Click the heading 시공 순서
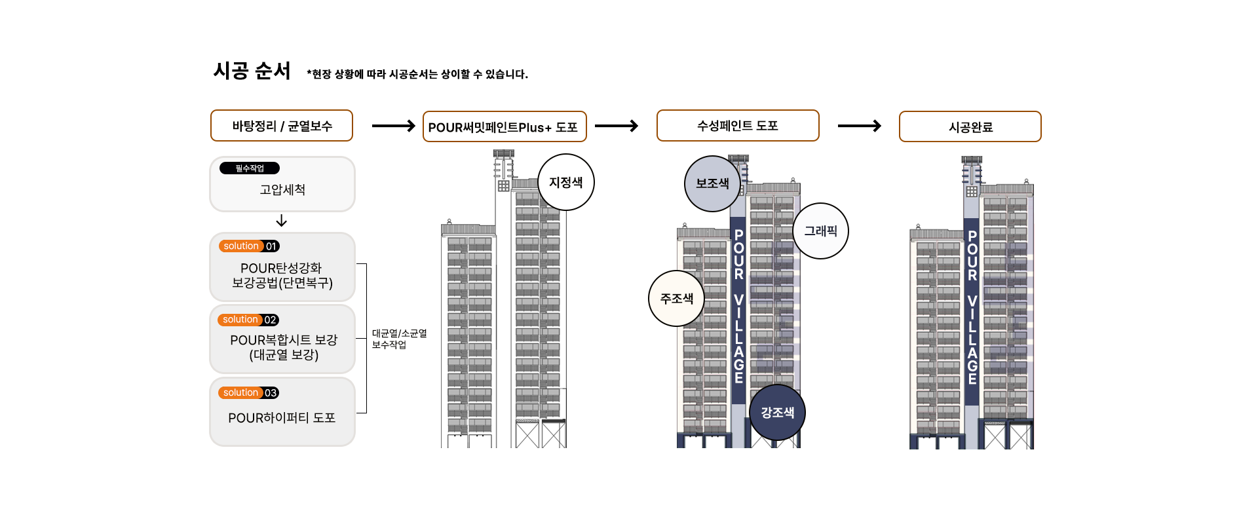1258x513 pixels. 252,71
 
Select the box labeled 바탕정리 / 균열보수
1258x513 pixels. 282,126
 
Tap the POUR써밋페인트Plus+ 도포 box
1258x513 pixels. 504,127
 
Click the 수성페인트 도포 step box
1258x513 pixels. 738,126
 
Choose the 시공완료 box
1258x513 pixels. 970,127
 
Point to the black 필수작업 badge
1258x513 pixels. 250,168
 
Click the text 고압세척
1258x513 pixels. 282,190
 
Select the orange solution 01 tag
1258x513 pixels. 250,246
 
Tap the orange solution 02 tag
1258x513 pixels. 249,320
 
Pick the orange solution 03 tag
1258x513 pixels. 249,393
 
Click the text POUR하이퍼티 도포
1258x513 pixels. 282,418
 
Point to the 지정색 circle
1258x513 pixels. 566,183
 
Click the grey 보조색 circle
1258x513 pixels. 712,184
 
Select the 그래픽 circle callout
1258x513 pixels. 821,231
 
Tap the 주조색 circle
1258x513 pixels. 677,299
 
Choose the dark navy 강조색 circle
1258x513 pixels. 777,413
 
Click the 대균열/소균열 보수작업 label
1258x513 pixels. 399,339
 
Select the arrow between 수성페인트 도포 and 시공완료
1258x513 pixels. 860,126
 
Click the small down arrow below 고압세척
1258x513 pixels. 282,221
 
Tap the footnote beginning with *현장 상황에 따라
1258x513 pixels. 417,74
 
